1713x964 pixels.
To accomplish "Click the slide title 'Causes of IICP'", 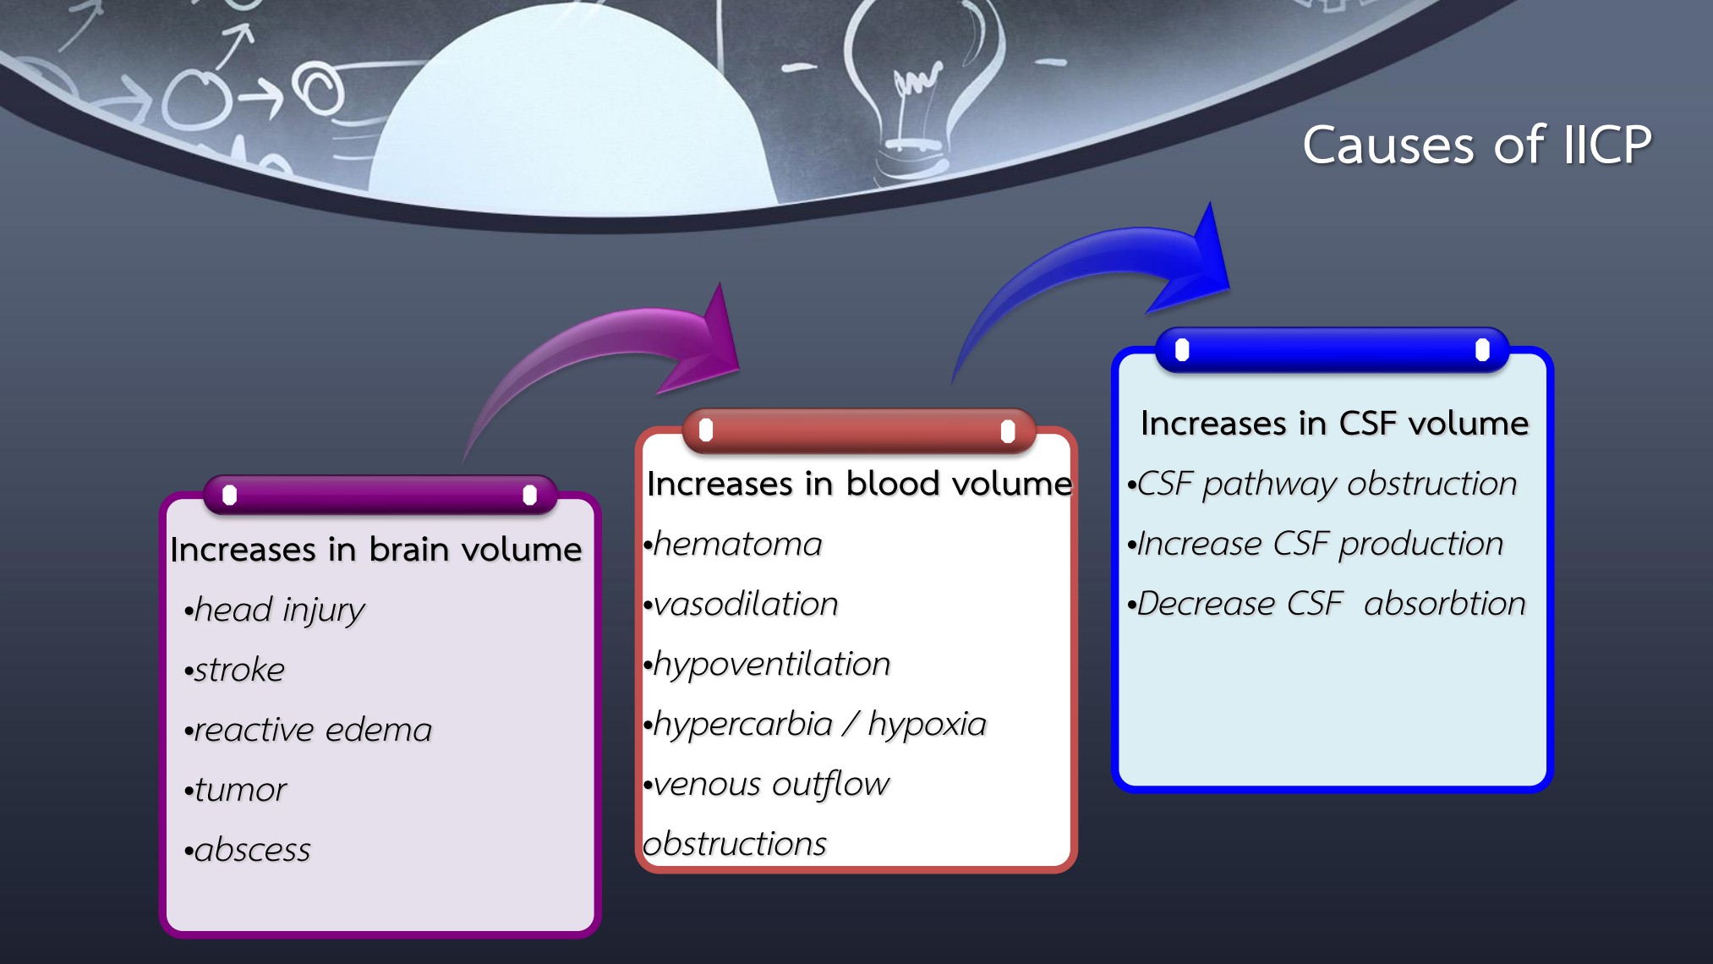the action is pyautogui.click(x=1476, y=145).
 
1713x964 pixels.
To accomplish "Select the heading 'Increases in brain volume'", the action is pyautogui.click(x=376, y=550).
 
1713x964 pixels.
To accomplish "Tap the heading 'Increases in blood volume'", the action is pyautogui.click(x=859, y=484).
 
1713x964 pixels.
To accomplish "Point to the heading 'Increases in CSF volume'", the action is pyautogui.click(x=1334, y=423).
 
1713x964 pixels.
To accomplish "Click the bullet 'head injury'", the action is pyautogui.click(x=275, y=610).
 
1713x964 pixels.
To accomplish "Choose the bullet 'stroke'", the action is pyautogui.click(x=234, y=670).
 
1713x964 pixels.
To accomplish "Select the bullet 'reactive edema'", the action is pyautogui.click(x=308, y=730).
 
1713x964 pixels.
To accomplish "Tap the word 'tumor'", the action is pyautogui.click(x=241, y=790).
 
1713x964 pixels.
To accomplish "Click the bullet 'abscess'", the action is pyautogui.click(x=248, y=850).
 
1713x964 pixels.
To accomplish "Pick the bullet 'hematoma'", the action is pyautogui.click(x=733, y=544).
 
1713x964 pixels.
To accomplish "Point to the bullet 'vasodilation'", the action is pyautogui.click(x=742, y=604).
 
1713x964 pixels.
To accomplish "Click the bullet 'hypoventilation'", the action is pyautogui.click(x=768, y=665).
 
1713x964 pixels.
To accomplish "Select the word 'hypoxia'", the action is pyautogui.click(x=928, y=725).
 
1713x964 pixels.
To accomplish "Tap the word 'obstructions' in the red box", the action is pyautogui.click(x=735, y=844).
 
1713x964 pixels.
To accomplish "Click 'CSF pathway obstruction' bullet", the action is pyautogui.click(x=1322, y=484).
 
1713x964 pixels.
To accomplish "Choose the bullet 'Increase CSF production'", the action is pyautogui.click(x=1316, y=544).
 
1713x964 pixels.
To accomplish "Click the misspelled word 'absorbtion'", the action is pyautogui.click(x=1445, y=604).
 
